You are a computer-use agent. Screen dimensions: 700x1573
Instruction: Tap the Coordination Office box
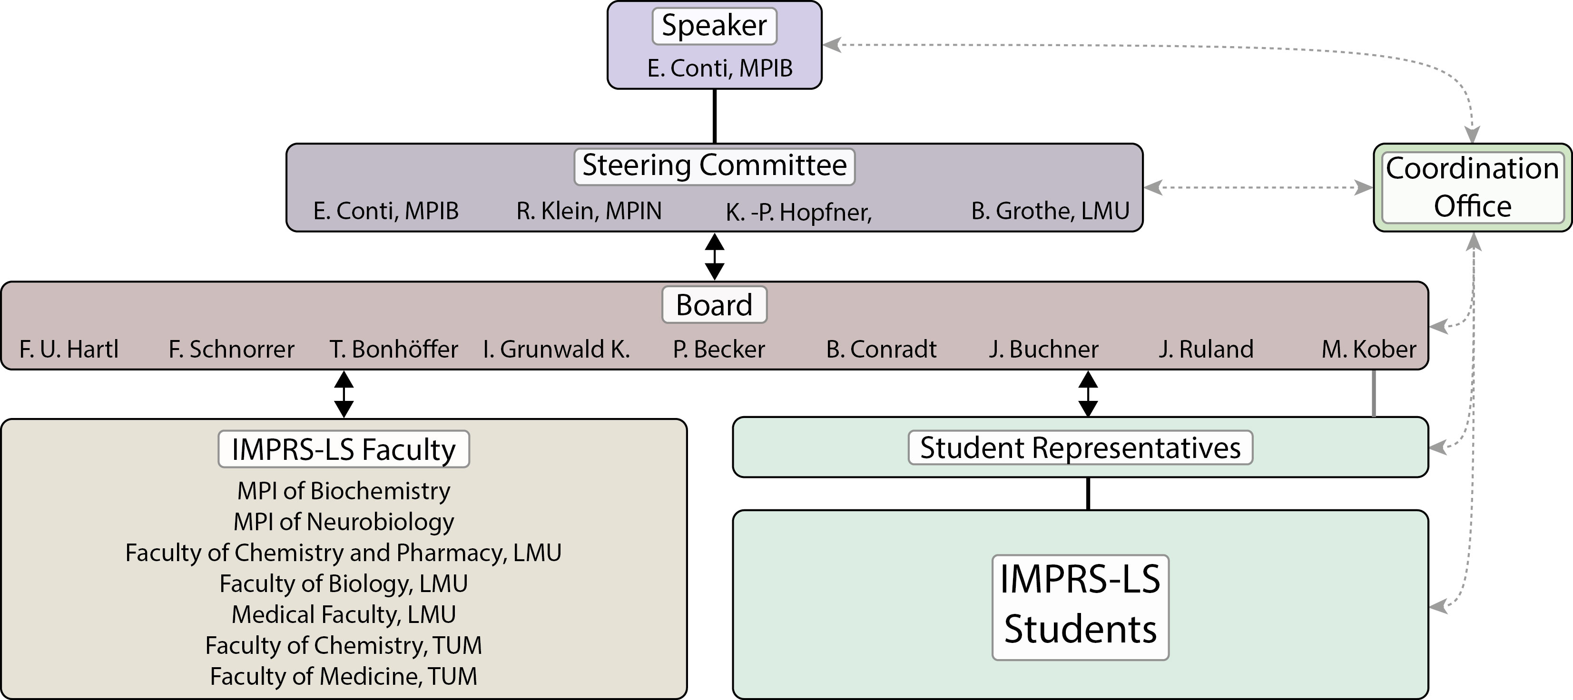click(x=1472, y=187)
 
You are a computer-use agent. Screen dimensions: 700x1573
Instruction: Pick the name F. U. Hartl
click(x=69, y=349)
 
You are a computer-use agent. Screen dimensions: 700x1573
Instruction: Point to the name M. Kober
click(x=1368, y=349)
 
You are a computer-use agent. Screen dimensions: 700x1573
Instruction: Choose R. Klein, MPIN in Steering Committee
click(x=589, y=211)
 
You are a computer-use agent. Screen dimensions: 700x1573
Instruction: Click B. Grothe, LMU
click(x=1050, y=211)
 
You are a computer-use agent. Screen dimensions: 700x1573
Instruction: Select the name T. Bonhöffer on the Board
click(x=394, y=349)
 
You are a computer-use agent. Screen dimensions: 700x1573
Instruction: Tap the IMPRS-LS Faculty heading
click(x=344, y=449)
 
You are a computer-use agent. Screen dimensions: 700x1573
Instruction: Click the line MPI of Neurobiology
click(x=344, y=522)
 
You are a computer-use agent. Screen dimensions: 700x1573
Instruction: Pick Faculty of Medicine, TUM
click(x=344, y=676)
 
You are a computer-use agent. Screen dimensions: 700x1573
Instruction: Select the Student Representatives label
click(x=1080, y=447)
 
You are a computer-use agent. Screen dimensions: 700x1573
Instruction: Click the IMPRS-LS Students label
click(x=1080, y=604)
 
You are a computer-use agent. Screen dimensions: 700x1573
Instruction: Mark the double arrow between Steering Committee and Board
click(x=715, y=256)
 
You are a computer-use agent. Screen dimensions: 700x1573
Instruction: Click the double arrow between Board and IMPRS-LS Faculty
click(x=344, y=394)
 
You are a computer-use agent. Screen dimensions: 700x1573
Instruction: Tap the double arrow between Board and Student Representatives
click(x=1088, y=394)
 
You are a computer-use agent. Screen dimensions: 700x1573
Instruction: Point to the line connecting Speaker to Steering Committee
click(x=715, y=116)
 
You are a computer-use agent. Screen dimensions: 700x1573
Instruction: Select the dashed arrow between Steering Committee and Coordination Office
click(x=1258, y=187)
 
